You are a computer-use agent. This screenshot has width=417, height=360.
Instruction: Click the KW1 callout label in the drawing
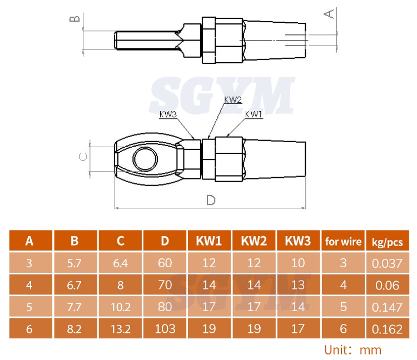tap(254, 114)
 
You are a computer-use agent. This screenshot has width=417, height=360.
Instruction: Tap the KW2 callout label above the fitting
tap(233, 100)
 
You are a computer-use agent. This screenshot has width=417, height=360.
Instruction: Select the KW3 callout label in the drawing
tap(168, 114)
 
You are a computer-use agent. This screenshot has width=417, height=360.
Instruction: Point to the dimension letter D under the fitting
tap(211, 200)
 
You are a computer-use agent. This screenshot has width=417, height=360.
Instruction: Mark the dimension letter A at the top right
tap(330, 12)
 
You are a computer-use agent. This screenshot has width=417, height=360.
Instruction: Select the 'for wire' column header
tap(343, 241)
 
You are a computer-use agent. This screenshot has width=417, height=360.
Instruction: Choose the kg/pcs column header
tap(387, 241)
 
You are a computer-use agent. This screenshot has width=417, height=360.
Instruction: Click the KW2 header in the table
tap(254, 241)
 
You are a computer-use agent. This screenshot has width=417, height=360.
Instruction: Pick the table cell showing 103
tap(165, 329)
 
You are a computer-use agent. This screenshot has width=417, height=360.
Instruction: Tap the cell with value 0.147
tap(387, 307)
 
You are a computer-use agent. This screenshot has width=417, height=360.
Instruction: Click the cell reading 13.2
tap(120, 329)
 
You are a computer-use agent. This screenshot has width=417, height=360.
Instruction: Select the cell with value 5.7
tap(75, 263)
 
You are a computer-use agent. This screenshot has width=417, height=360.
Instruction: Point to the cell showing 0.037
tap(387, 263)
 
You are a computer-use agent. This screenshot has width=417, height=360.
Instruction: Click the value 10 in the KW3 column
tap(298, 263)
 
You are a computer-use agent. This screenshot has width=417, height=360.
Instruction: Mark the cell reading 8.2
tap(75, 329)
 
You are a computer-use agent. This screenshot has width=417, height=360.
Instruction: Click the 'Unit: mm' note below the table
tap(353, 350)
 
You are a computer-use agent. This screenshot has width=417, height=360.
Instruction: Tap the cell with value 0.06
tap(387, 285)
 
